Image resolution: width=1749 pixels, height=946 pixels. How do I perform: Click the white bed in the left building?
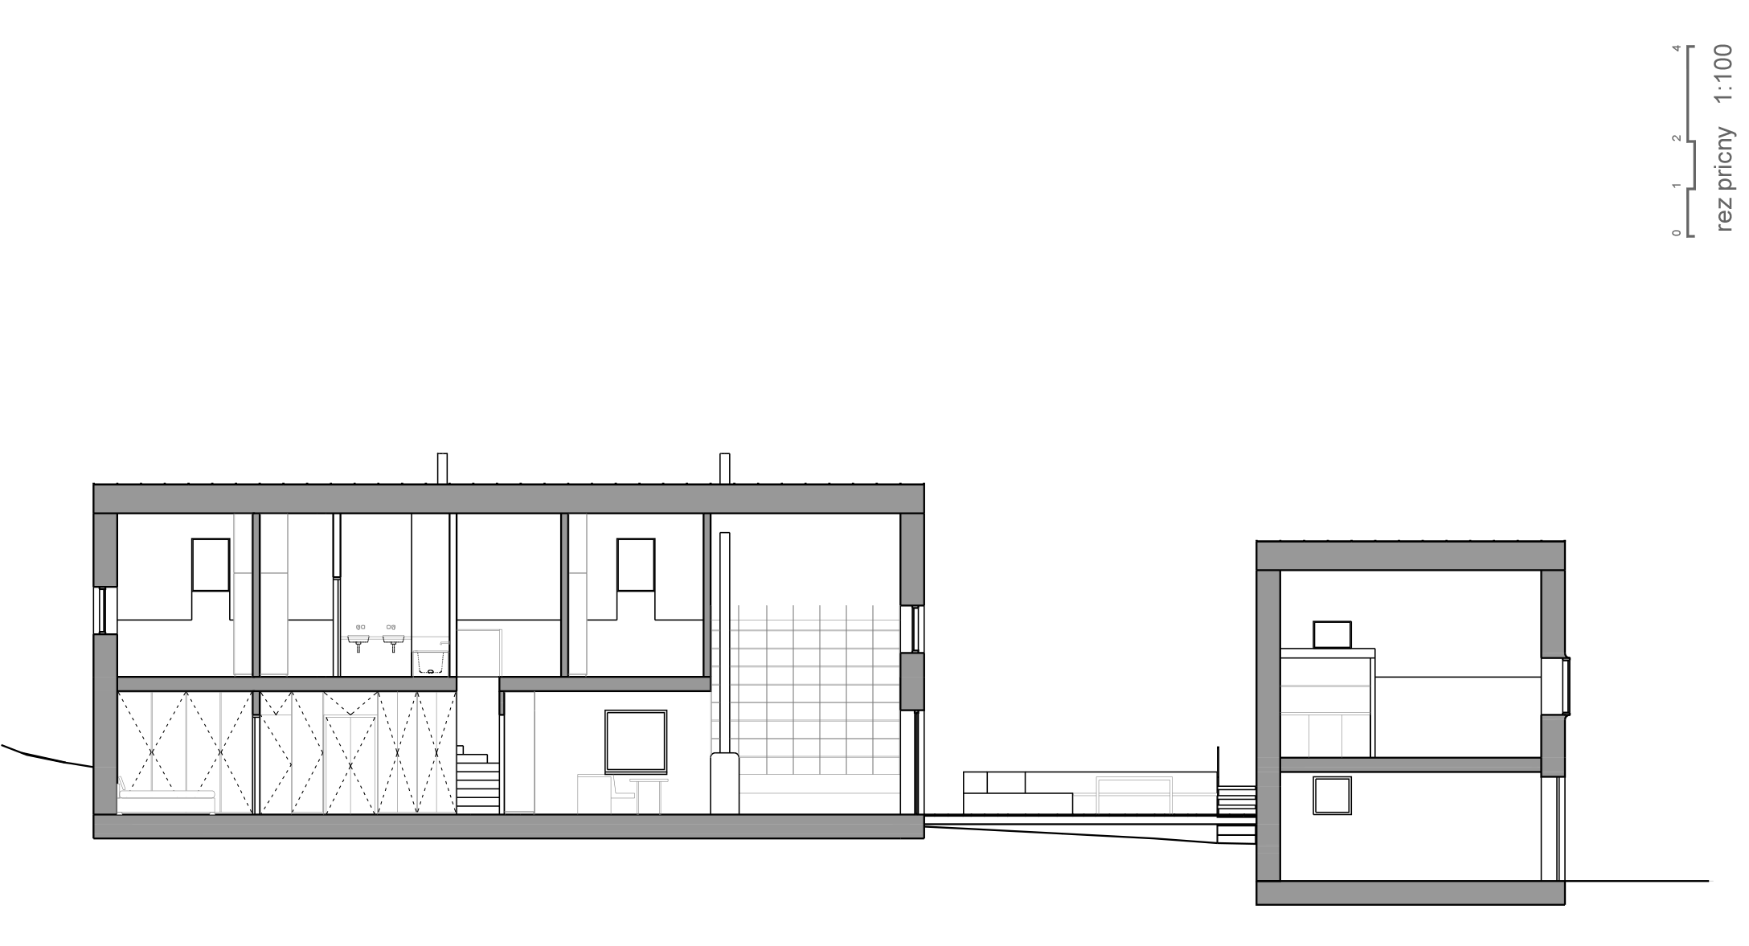pyautogui.click(x=166, y=801)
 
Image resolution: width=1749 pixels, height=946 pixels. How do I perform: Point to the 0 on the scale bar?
pyautogui.click(x=1677, y=233)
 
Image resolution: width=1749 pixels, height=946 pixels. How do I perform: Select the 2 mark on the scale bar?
pyautogui.click(x=1677, y=138)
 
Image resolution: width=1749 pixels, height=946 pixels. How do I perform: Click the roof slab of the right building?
pyautogui.click(x=1410, y=556)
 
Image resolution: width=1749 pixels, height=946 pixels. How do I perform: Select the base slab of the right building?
pyautogui.click(x=1410, y=892)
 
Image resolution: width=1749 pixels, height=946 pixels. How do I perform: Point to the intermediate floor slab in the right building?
pyautogui.click(x=1410, y=765)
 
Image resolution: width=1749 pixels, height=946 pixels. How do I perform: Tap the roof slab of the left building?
pyautogui.click(x=508, y=498)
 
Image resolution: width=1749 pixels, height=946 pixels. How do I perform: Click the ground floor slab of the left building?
pyautogui.click(x=508, y=826)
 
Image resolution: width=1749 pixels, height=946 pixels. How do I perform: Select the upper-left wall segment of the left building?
pyautogui.click(x=105, y=550)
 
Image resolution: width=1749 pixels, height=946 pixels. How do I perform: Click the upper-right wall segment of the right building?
pyautogui.click(x=1553, y=613)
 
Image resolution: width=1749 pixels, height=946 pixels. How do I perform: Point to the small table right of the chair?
pyautogui.click(x=649, y=794)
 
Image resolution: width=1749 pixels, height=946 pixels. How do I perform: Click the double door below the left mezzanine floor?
pyautogui.click(x=350, y=764)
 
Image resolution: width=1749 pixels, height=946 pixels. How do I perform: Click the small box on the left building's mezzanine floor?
pyautogui.click(x=430, y=663)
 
